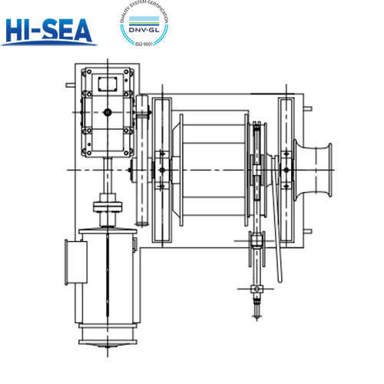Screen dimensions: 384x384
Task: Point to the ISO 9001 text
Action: coord(146,45)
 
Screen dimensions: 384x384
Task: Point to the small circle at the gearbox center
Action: coord(108,113)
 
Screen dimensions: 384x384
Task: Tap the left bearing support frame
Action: coord(161,169)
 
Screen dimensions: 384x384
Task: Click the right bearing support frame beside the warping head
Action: coord(286,169)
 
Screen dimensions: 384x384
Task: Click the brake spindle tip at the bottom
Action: coord(255,310)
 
